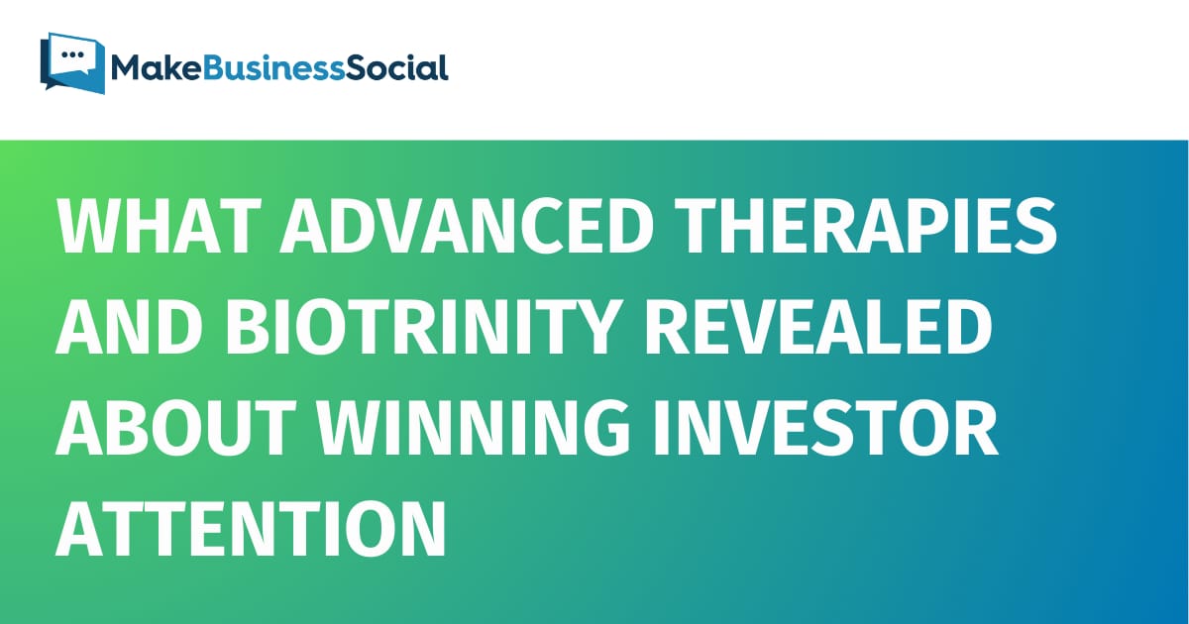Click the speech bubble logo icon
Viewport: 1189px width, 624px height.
click(72, 62)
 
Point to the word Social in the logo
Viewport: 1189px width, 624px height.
click(397, 68)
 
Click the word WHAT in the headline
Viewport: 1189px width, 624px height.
click(160, 226)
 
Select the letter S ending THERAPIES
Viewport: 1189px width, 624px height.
click(1035, 226)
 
